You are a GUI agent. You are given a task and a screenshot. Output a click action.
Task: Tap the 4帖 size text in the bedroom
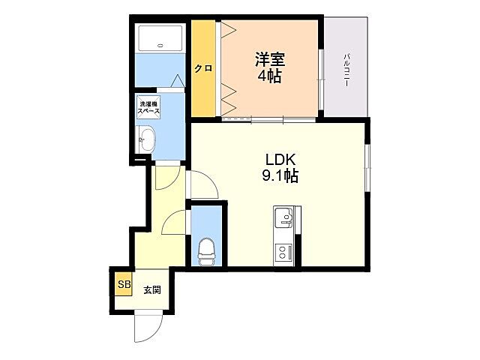click(270, 76)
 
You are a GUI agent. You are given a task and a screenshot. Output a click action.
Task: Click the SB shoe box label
click(123, 285)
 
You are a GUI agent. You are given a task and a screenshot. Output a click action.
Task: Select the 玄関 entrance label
click(152, 289)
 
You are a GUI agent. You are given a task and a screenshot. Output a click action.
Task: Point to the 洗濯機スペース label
click(148, 107)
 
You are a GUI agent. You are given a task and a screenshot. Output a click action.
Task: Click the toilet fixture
click(205, 250)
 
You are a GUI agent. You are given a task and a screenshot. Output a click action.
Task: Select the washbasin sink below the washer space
click(146, 139)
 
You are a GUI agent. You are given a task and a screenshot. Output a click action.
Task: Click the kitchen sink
click(283, 219)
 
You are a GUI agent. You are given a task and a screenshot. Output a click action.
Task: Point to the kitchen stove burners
click(283, 250)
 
